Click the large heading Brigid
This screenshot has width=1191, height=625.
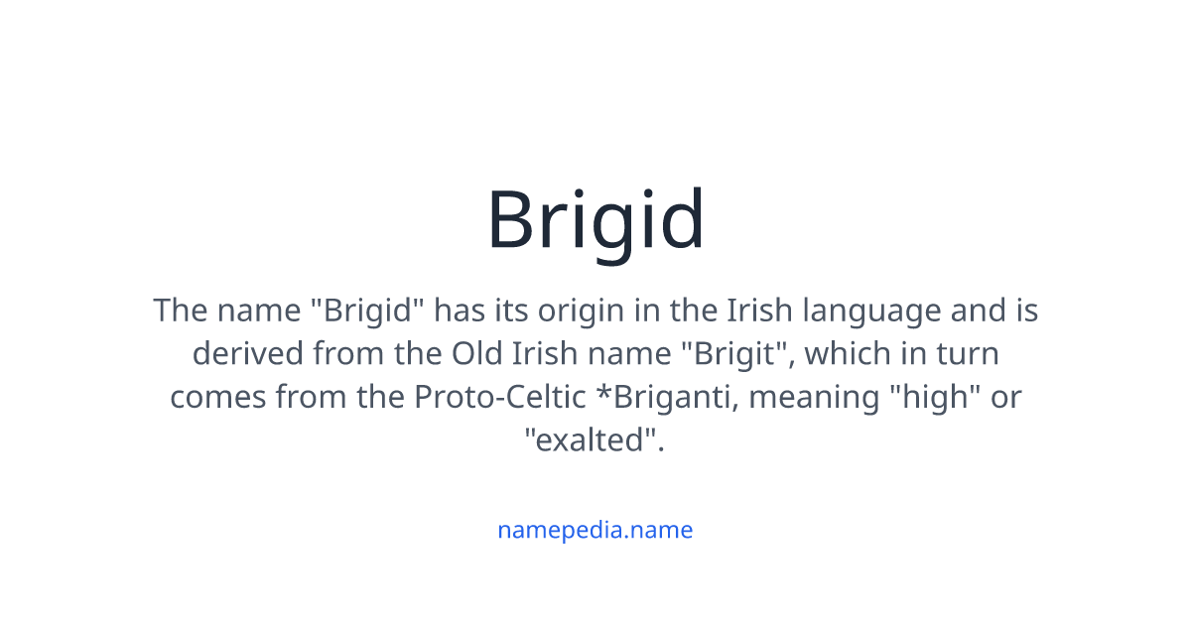coord(595,220)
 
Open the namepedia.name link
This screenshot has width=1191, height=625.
coord(595,530)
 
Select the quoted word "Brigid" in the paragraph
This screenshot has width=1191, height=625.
coord(367,312)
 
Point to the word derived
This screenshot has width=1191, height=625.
coord(248,354)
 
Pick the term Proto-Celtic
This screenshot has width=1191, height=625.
coord(498,397)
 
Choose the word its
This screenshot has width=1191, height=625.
coord(511,312)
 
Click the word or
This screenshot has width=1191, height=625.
coord(1004,397)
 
